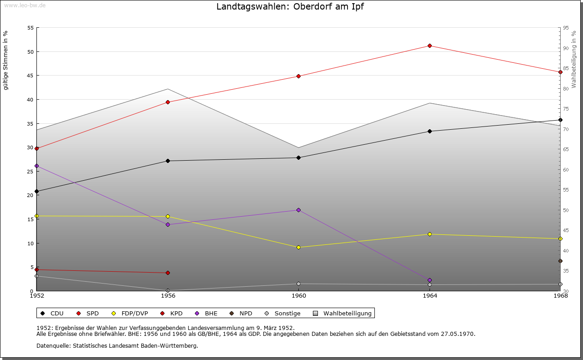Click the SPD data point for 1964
(430, 46)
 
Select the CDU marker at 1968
(560, 120)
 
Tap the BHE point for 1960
(298, 210)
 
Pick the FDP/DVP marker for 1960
(298, 247)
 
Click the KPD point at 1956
(168, 273)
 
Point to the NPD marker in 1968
(560, 261)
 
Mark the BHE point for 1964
(430, 280)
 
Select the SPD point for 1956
(168, 102)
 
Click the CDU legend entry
(52, 313)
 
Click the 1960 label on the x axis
(298, 296)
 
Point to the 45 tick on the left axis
(31, 76)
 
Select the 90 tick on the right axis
(565, 48)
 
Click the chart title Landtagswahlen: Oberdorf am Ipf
(290, 6)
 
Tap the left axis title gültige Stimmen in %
(6, 60)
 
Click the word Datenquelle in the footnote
(51, 345)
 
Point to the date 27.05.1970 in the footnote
(457, 334)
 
